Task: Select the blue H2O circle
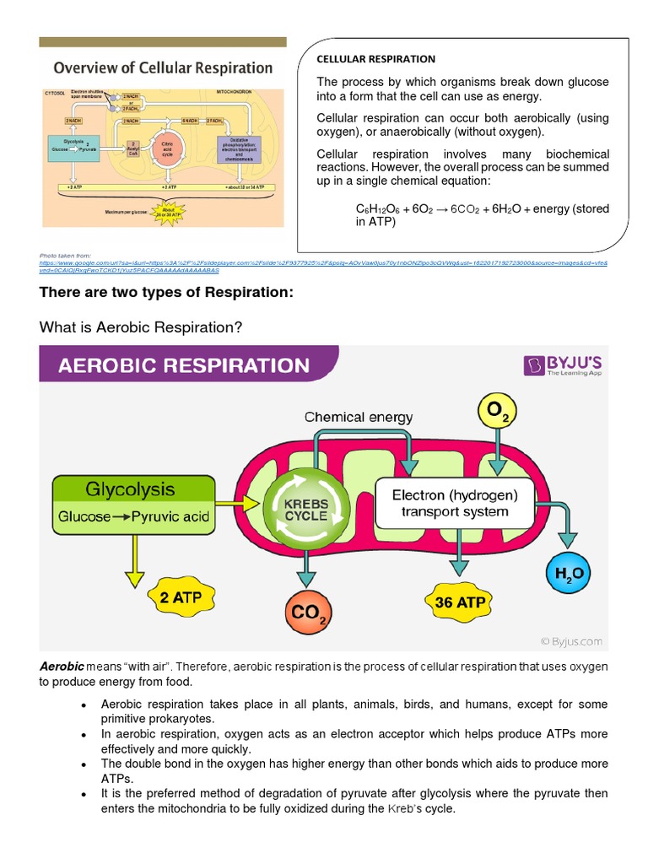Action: tap(570, 574)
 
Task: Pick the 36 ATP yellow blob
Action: tap(461, 602)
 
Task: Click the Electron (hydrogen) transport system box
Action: tap(455, 504)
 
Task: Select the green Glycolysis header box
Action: tap(129, 490)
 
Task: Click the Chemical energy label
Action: tap(359, 417)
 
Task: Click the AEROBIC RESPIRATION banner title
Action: tap(183, 365)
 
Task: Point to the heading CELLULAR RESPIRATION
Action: tap(375, 59)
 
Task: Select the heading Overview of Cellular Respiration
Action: tap(164, 67)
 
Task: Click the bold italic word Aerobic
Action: tap(62, 667)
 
